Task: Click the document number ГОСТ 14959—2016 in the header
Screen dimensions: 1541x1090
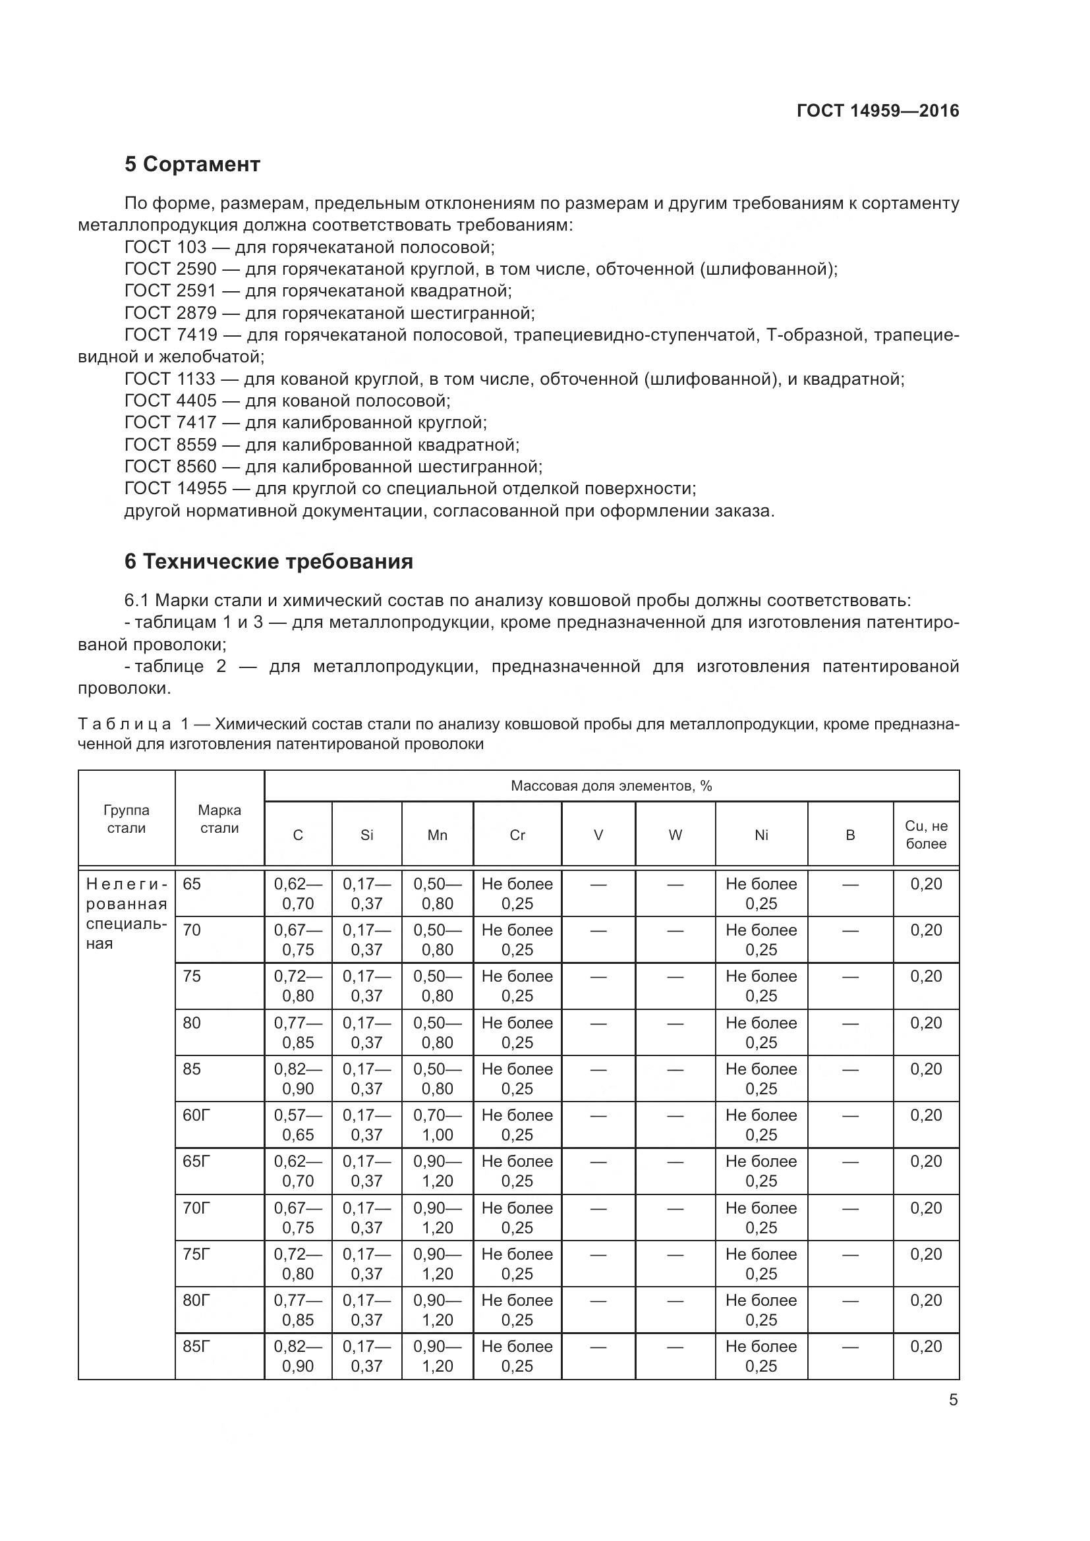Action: pos(877,111)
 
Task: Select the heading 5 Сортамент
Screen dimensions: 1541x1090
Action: pos(192,164)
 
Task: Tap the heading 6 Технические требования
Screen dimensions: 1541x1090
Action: pos(268,561)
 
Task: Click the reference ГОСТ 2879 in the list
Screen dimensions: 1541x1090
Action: pos(171,313)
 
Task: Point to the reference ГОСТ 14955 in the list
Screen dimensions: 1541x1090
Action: pos(176,488)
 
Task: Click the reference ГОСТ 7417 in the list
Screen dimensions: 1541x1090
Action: pos(171,422)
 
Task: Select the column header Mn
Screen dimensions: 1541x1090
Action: pos(437,835)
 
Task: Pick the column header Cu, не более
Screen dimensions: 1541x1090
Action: pos(925,835)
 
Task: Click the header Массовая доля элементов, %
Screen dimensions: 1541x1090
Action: pos(611,785)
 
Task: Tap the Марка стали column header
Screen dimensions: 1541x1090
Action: pos(219,819)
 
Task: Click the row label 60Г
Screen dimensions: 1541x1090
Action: pos(196,1115)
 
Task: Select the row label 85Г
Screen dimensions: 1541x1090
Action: pos(196,1347)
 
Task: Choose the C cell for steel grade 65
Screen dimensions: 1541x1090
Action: pos(298,893)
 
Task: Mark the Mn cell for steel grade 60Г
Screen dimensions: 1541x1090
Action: pos(437,1125)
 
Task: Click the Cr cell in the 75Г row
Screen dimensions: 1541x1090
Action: pos(517,1264)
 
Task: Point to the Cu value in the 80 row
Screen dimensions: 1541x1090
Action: pos(925,1023)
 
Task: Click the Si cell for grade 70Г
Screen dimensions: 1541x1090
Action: pos(366,1218)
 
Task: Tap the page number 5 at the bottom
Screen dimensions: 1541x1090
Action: pos(953,1400)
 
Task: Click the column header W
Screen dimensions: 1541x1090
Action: pos(675,835)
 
